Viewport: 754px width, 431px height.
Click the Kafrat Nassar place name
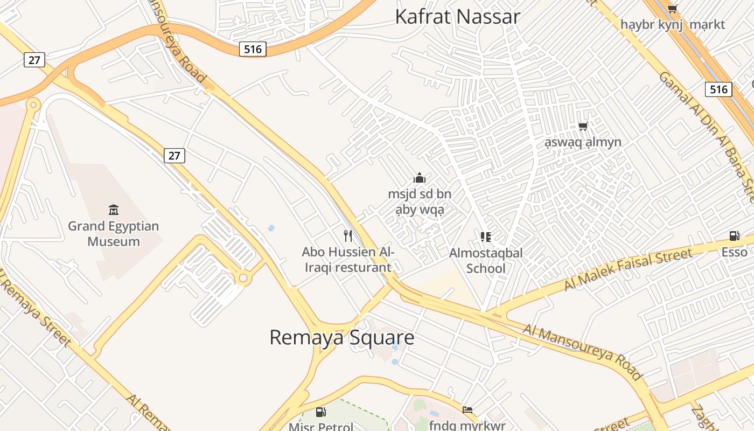[458, 17]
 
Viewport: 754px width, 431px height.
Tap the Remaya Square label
[341, 338]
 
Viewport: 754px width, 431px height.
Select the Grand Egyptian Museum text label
[114, 233]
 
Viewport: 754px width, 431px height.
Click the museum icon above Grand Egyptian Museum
[114, 210]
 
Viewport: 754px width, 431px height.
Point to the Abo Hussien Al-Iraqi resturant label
[347, 259]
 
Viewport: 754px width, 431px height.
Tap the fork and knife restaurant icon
[348, 235]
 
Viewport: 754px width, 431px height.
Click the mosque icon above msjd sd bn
[420, 178]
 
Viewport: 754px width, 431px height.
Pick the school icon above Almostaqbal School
[486, 237]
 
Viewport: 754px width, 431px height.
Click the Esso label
[735, 252]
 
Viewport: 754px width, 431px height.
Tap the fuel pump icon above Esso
[734, 236]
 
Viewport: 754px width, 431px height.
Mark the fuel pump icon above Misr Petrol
[321, 413]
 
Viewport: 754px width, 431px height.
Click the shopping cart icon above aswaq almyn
[583, 127]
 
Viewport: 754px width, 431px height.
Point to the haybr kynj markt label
[673, 25]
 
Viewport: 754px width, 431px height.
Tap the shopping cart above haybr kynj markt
[672, 9]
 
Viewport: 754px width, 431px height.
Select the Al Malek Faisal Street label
[628, 269]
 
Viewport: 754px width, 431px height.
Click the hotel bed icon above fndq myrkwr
[467, 410]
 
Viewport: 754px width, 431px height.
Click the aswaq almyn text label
[583, 142]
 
